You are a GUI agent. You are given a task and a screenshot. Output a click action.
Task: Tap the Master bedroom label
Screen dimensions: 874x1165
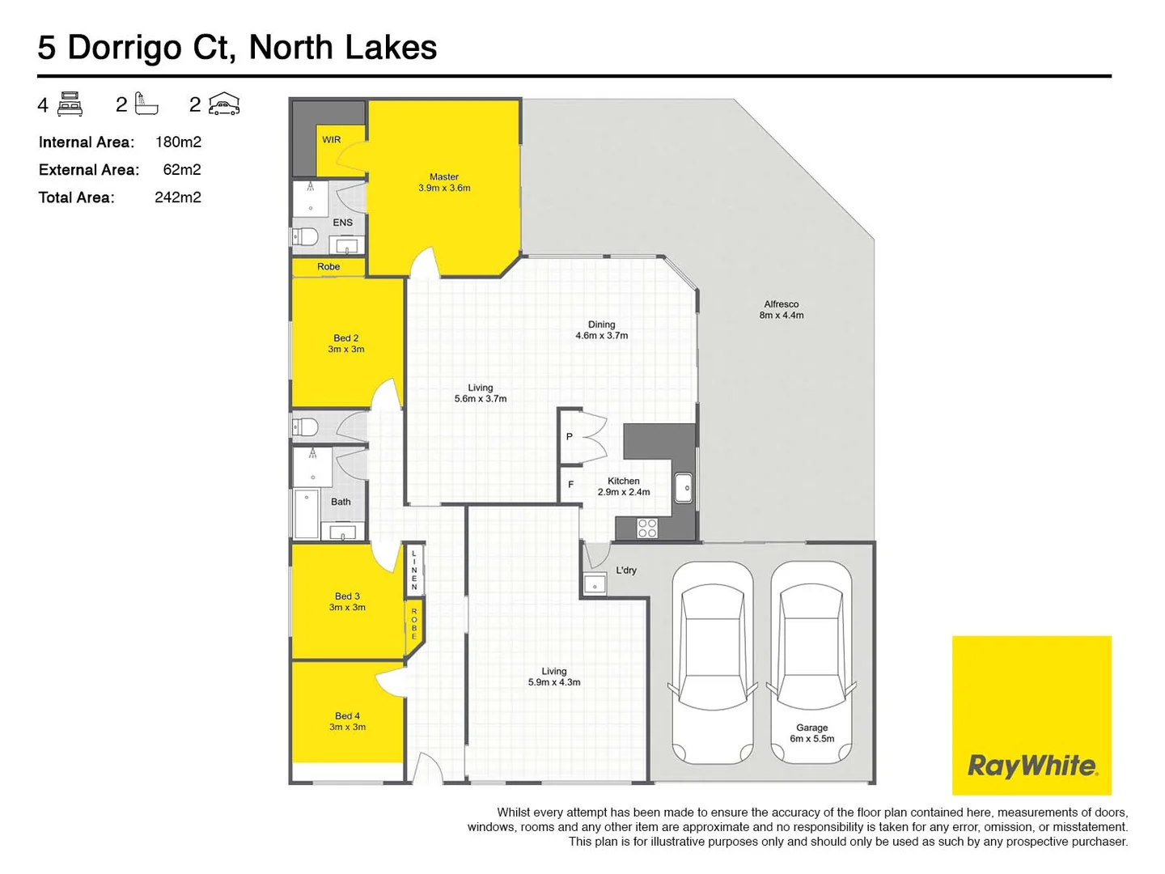click(444, 182)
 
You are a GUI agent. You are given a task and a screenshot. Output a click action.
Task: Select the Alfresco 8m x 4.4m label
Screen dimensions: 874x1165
click(781, 310)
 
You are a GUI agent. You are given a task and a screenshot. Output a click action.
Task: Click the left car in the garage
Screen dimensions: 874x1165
click(712, 662)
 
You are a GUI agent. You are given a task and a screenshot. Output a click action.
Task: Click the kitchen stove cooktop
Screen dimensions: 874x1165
click(646, 528)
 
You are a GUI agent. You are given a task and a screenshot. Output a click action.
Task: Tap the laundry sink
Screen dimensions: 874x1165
click(595, 583)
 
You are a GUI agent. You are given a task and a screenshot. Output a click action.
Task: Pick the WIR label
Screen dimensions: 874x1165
click(332, 140)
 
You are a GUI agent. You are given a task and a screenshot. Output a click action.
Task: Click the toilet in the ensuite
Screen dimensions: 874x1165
click(304, 237)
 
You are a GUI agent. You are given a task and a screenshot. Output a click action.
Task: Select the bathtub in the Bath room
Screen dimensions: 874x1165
click(306, 514)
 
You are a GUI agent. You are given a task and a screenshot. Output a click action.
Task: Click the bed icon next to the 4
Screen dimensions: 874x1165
click(70, 104)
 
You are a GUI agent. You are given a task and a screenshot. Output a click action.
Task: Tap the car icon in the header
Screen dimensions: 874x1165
click(224, 104)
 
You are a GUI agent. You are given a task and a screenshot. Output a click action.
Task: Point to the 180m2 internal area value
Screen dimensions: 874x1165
click(178, 142)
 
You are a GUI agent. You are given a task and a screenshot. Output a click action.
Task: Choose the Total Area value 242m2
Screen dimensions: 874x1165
click(178, 197)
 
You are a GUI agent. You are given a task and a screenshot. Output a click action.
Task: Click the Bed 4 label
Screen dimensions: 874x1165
click(347, 721)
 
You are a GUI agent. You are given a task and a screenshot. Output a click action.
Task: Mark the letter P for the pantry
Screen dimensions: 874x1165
click(570, 437)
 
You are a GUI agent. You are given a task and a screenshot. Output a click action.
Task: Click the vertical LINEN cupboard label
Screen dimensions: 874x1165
click(414, 570)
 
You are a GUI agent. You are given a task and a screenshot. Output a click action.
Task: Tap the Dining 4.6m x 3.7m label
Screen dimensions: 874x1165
click(601, 329)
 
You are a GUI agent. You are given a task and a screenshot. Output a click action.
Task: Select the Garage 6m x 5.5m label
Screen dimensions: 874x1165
click(811, 733)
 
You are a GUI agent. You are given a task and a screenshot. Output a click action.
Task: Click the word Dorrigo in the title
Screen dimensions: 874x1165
click(125, 48)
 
